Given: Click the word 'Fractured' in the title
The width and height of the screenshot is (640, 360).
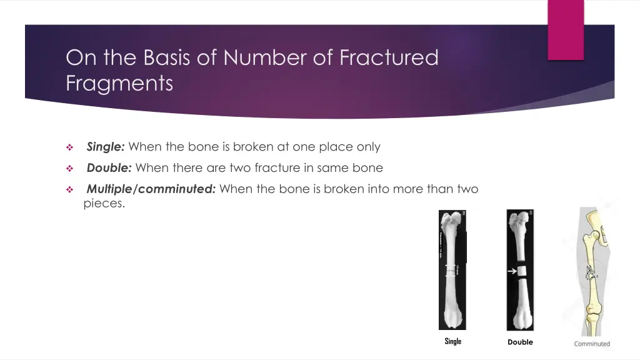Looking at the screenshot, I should (389, 57).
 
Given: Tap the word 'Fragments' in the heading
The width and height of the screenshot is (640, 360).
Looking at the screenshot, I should (119, 82).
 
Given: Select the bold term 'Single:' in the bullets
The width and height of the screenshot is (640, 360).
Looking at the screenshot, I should (106, 147).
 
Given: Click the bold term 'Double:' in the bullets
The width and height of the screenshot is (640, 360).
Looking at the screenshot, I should (109, 167).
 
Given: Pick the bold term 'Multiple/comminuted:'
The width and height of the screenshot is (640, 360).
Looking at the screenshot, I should (151, 189).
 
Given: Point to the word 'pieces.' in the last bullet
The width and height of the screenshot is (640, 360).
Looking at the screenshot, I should (104, 203).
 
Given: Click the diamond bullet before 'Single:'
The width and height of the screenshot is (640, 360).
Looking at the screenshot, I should (70, 148).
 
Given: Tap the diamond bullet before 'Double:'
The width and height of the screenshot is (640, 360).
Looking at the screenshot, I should (70, 169).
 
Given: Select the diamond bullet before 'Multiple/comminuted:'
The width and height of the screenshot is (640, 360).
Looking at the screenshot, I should (70, 190).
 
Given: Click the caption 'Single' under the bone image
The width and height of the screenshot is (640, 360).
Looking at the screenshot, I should (452, 341).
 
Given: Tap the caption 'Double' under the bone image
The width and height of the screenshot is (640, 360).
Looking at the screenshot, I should (520, 342).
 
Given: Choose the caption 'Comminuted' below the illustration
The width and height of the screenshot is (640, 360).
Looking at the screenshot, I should (592, 344).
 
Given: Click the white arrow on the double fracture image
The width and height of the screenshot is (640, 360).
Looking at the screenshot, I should (511, 271).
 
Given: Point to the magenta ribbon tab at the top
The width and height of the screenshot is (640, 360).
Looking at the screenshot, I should (566, 29).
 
